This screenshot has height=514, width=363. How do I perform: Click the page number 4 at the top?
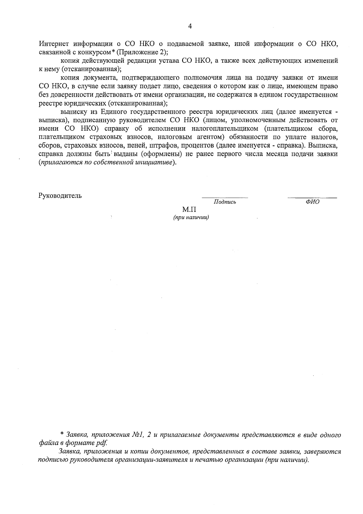coord(190,26)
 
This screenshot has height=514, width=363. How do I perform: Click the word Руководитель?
coord(60,195)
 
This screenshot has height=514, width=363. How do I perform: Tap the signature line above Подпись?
coord(225,197)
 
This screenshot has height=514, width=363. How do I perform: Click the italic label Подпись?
coord(225,202)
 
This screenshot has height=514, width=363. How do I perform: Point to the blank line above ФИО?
coord(312,197)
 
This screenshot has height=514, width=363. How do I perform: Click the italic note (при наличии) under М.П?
coord(191,217)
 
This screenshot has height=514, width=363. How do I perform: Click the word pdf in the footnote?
coord(102,443)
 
